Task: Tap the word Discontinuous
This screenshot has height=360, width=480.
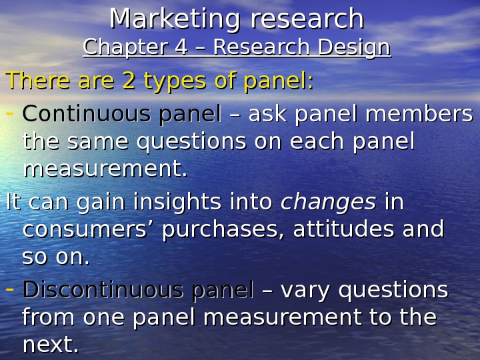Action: [x=92, y=290]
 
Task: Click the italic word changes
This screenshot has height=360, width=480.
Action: [x=329, y=201]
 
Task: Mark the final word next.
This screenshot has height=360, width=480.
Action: [x=50, y=345]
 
